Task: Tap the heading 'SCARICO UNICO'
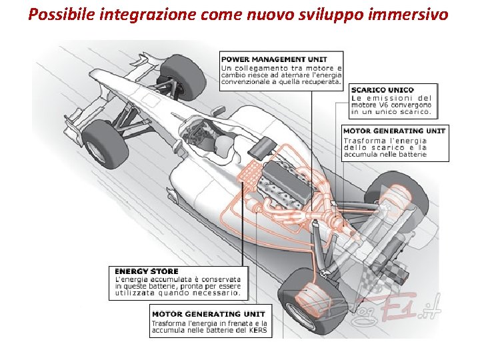coord(383,90)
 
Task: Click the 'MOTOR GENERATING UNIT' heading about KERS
coord(208,313)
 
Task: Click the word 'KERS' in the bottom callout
coord(257,330)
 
